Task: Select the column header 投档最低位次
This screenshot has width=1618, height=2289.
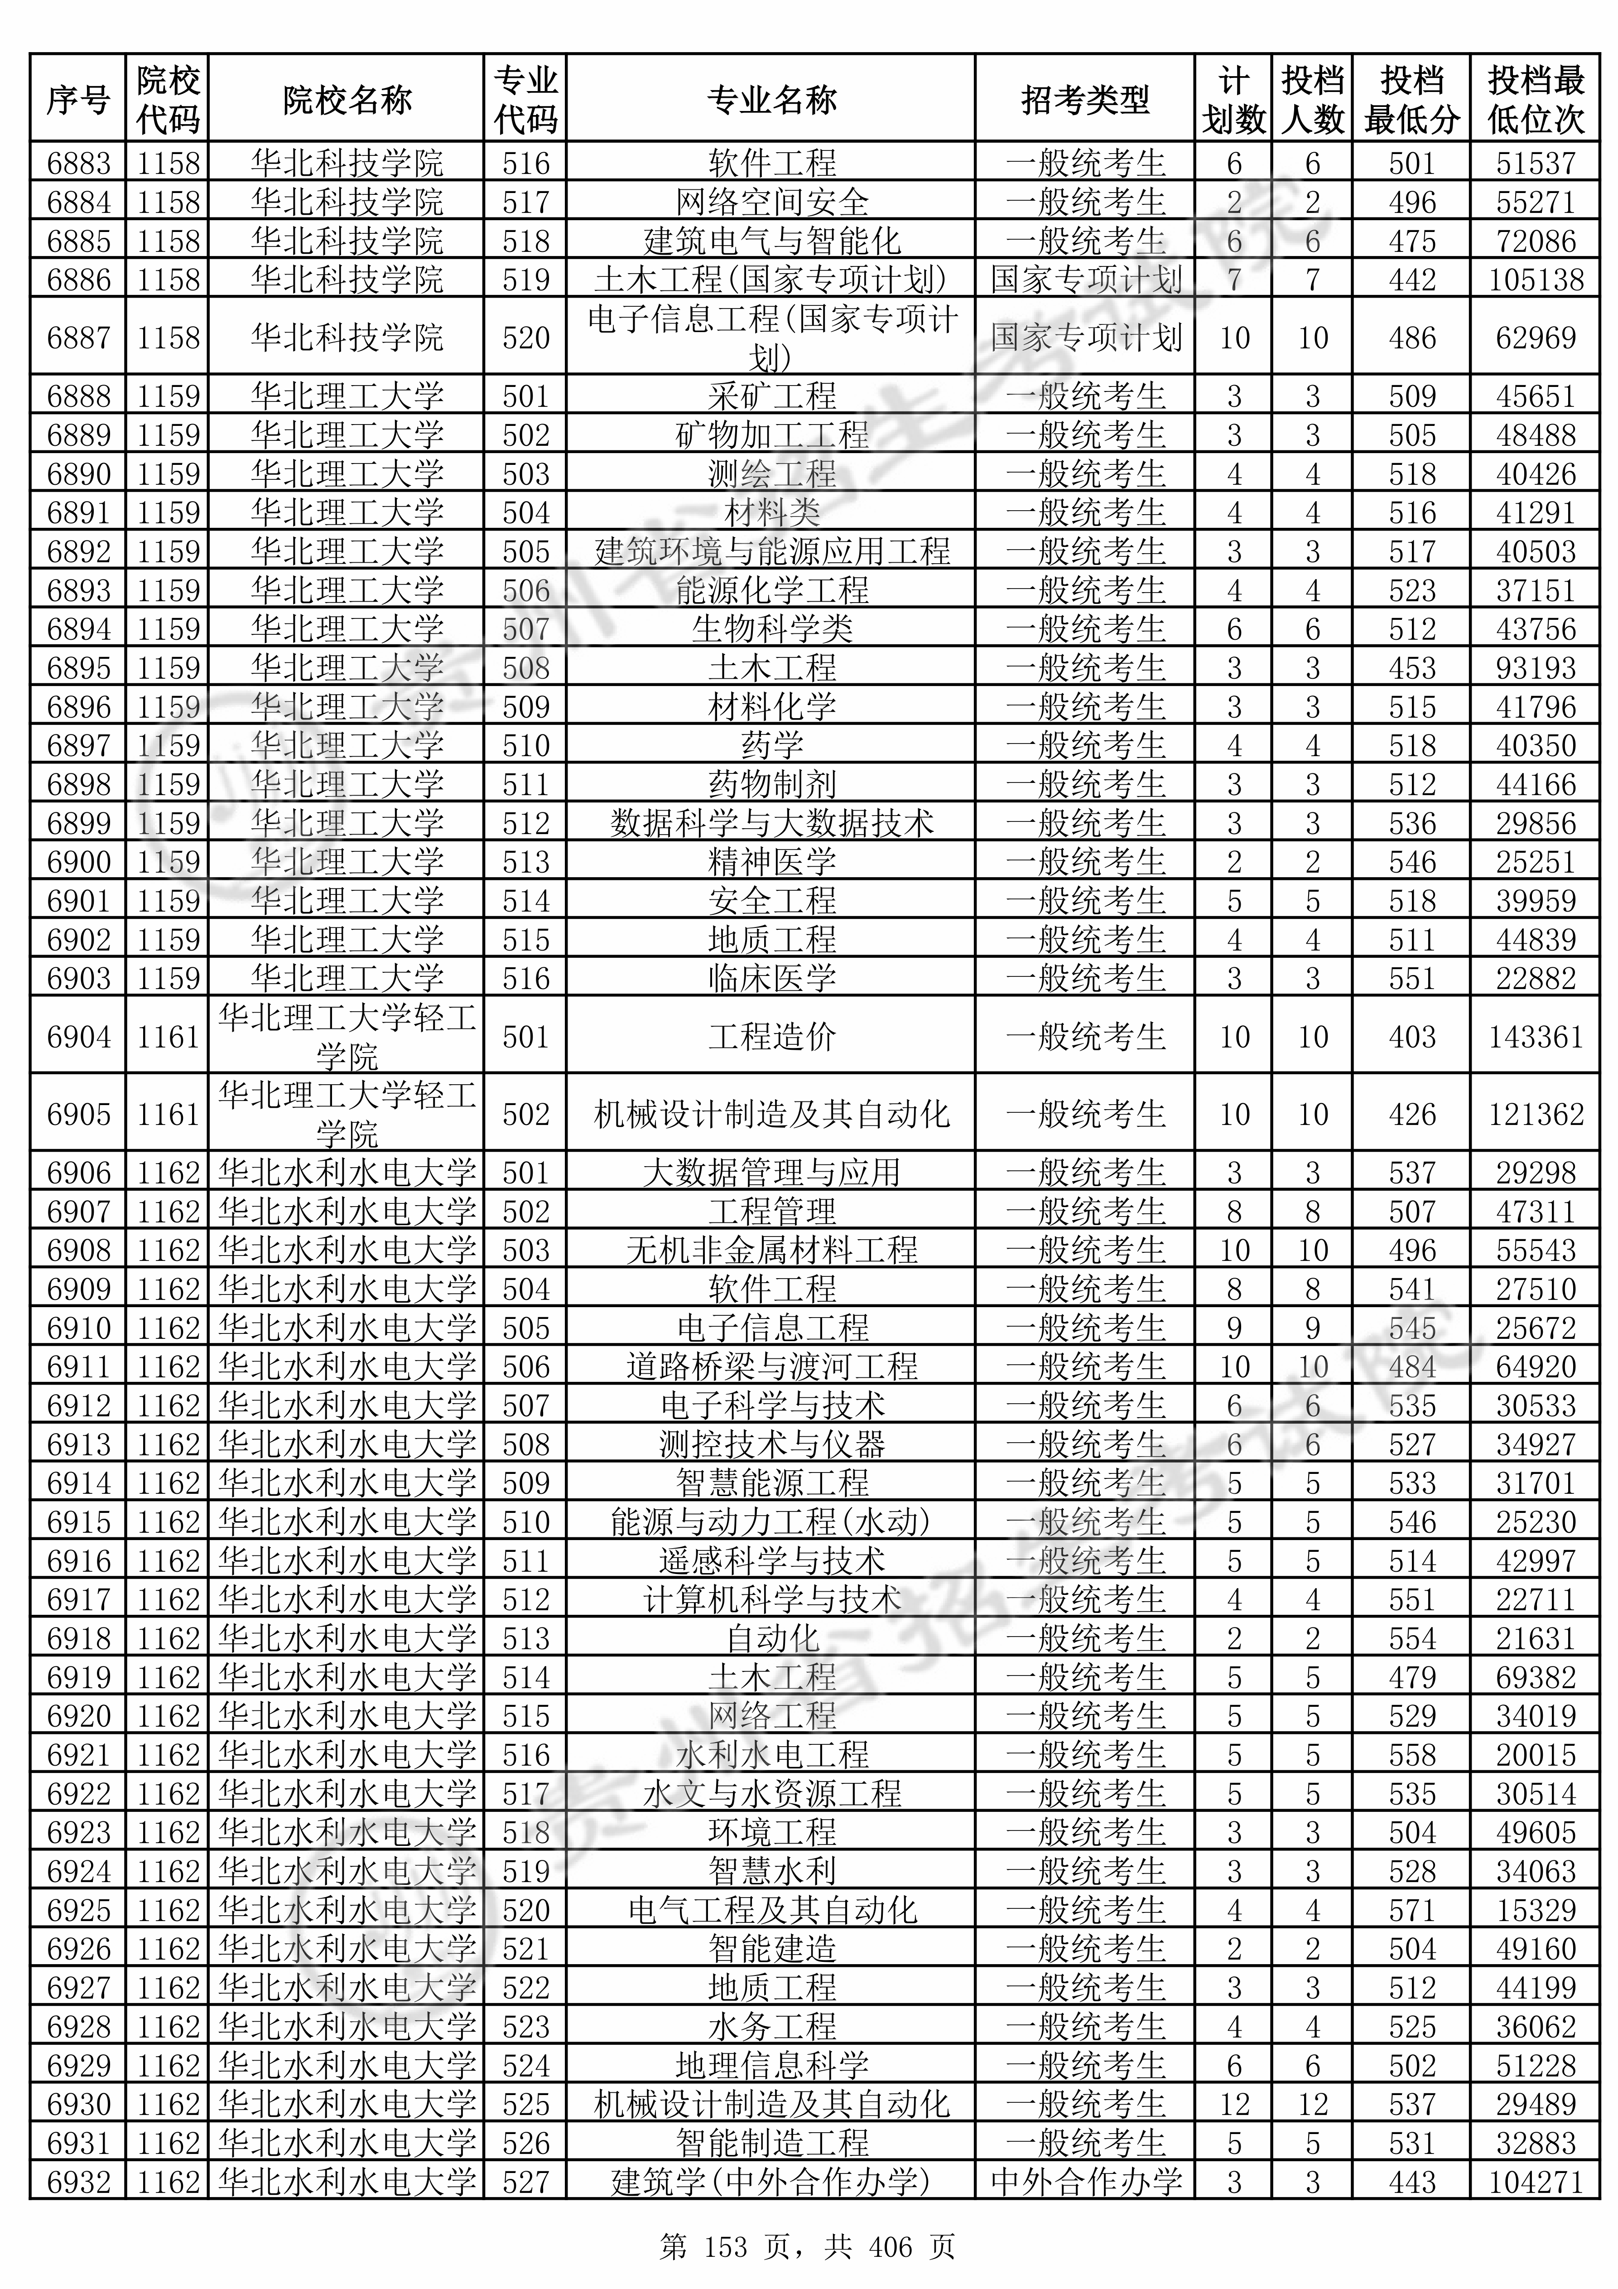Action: pos(1535,100)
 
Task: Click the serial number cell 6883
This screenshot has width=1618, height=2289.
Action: pos(79,163)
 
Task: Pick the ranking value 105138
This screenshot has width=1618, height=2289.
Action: pos(1535,279)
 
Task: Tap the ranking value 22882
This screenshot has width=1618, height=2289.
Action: pos(1535,978)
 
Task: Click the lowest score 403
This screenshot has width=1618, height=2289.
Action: pos(1411,1037)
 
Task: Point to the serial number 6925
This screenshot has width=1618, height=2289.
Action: pos(79,1910)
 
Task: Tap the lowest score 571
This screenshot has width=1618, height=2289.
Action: pos(1411,1910)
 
